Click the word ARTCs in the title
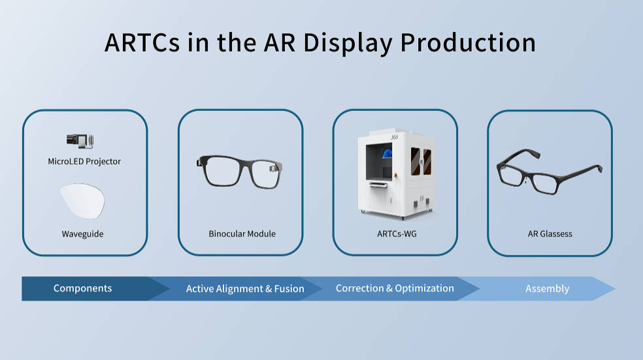point(142,42)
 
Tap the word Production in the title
point(468,42)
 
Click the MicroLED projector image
point(80,141)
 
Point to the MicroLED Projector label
point(84,161)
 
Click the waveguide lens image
point(82,201)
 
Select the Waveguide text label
point(82,234)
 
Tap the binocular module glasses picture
point(239,172)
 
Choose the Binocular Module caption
point(242,234)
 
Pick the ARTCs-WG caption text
point(397,234)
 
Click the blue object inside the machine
point(387,154)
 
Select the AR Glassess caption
point(550,234)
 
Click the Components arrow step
point(82,288)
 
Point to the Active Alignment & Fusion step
point(245,289)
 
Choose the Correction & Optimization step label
point(395,288)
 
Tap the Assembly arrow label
point(547,289)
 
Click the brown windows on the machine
point(421,161)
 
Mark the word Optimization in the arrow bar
point(425,288)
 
